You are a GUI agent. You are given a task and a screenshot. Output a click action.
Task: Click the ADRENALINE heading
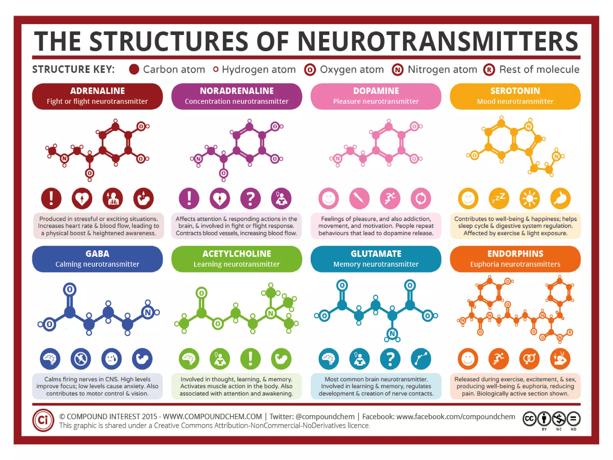click(x=97, y=91)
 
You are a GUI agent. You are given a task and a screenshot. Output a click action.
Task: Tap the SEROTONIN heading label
click(x=515, y=91)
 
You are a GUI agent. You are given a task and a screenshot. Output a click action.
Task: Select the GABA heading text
click(x=97, y=254)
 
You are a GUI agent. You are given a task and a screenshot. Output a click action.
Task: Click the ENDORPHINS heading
click(x=515, y=254)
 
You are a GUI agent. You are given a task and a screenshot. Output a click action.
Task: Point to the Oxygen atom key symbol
click(x=310, y=70)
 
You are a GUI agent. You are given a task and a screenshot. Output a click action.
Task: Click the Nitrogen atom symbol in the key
click(x=397, y=70)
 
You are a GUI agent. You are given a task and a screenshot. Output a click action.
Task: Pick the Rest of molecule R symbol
click(x=489, y=70)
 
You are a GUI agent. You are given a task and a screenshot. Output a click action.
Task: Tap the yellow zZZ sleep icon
click(x=499, y=198)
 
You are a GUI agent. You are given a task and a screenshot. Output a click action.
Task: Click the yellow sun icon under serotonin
click(x=529, y=198)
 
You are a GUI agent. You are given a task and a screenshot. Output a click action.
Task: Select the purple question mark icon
click(x=250, y=198)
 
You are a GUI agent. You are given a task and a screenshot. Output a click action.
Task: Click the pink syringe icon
click(x=359, y=198)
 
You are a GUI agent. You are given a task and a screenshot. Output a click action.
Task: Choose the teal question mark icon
click(x=390, y=359)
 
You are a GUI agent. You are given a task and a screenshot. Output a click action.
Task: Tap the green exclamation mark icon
click(x=250, y=359)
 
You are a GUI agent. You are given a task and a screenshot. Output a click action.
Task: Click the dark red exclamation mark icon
click(x=51, y=198)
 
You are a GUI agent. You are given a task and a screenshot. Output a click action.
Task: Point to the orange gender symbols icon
click(x=529, y=359)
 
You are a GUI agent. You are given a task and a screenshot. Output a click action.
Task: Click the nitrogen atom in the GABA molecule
click(x=148, y=312)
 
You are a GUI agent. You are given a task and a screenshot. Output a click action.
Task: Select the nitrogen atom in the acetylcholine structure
click(x=271, y=313)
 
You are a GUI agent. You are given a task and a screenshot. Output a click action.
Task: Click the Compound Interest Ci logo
click(x=43, y=420)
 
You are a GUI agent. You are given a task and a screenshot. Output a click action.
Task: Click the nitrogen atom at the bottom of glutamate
click(x=392, y=333)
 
